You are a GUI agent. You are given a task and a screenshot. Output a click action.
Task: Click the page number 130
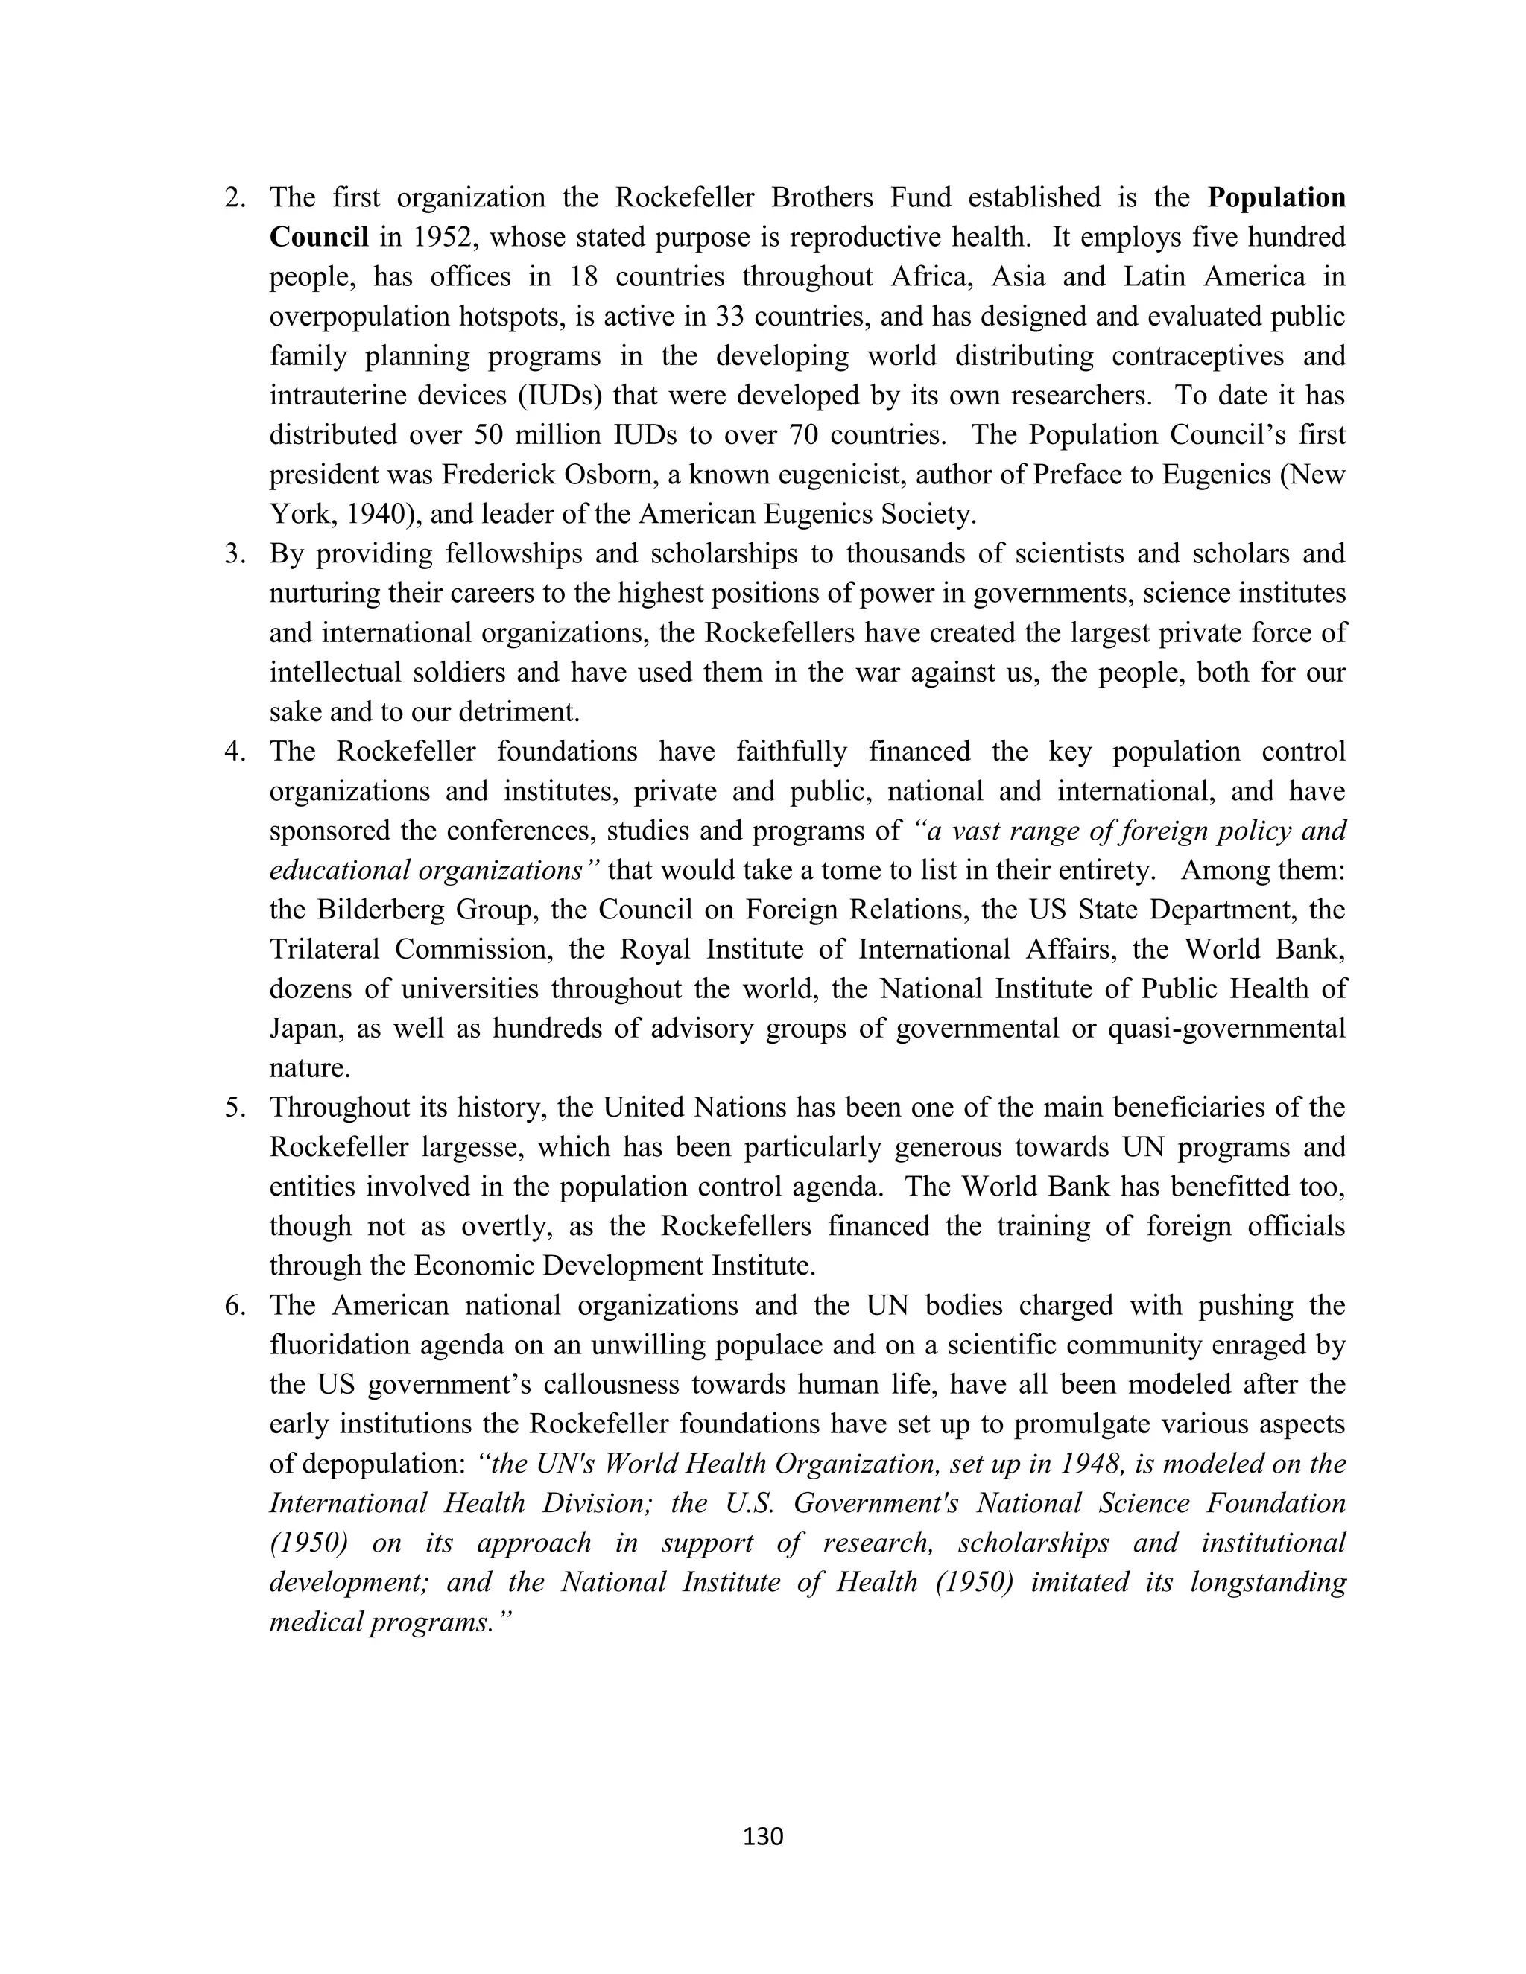click(762, 1835)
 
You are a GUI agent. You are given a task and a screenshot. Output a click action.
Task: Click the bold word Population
click(1276, 198)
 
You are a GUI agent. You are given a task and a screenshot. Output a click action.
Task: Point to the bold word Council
click(318, 238)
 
